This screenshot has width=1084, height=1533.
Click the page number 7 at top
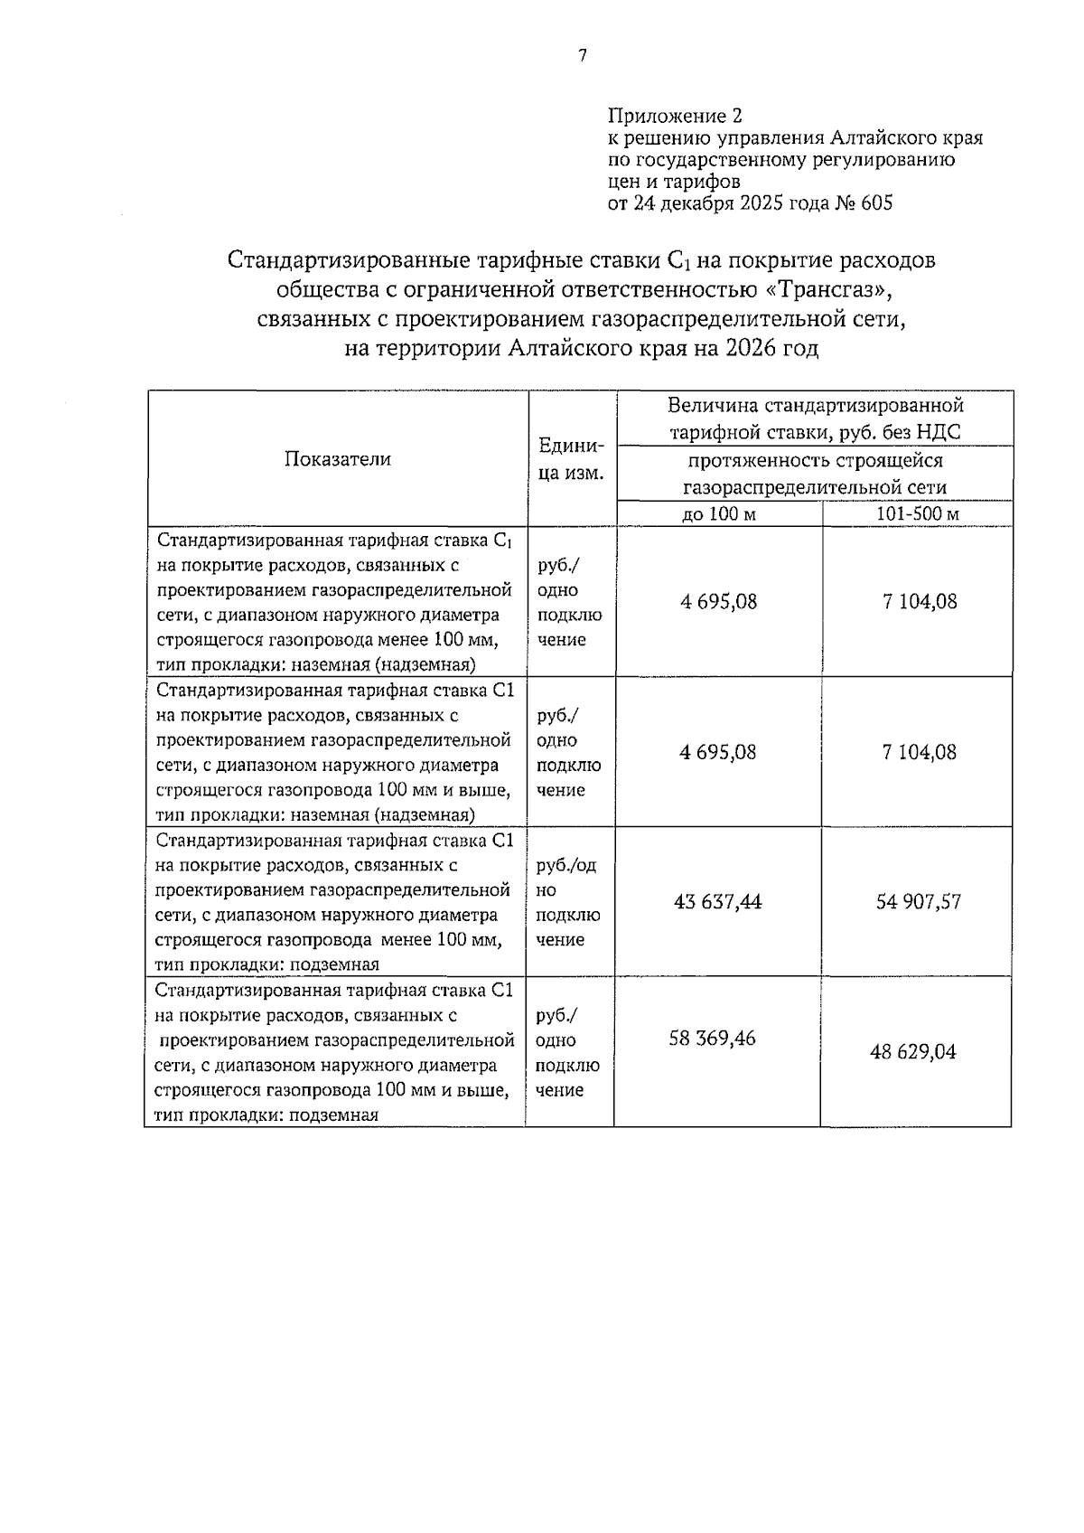click(x=582, y=56)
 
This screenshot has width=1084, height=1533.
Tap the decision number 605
click(x=876, y=203)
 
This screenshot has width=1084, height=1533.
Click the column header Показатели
click(x=338, y=459)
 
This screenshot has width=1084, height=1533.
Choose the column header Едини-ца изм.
click(x=571, y=459)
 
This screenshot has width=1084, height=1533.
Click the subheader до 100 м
click(x=719, y=514)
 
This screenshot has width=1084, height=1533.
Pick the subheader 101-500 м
click(x=918, y=514)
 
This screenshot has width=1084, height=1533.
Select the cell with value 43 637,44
click(x=718, y=902)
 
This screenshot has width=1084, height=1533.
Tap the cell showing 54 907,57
click(x=918, y=902)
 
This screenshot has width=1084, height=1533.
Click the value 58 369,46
click(x=712, y=1039)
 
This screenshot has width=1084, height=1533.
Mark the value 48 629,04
click(x=913, y=1052)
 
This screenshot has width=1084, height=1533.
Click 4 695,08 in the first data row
click(x=719, y=602)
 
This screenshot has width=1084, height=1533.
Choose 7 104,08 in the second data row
click(x=920, y=752)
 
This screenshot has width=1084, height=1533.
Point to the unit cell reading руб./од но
click(x=566, y=878)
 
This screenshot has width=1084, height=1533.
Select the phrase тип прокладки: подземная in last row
click(x=266, y=1114)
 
